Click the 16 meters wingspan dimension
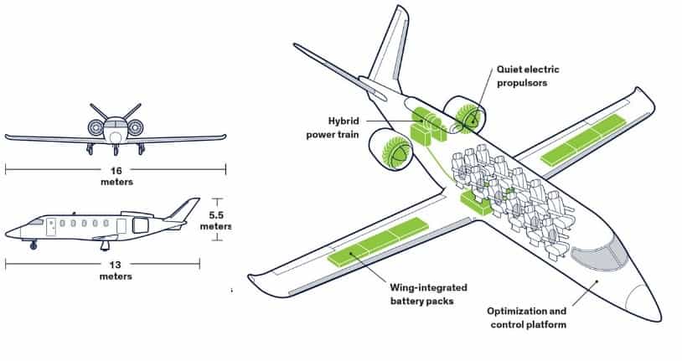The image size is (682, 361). (116, 175)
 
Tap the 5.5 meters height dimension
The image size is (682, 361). (216, 219)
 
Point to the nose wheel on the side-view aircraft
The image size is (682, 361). (34, 245)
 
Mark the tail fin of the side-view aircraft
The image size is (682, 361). (183, 209)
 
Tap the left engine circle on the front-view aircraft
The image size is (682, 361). (96, 128)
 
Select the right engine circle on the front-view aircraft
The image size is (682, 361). (135, 128)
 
